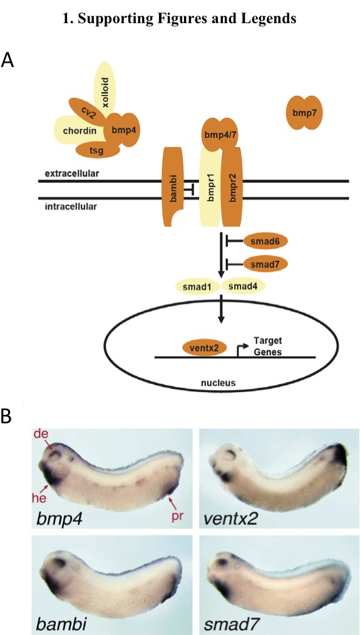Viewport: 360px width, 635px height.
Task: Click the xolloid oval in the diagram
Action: [x=105, y=90]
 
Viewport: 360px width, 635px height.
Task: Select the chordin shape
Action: [x=78, y=130]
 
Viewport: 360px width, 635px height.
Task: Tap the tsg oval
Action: [x=98, y=150]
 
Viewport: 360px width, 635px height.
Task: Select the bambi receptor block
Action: [x=173, y=187]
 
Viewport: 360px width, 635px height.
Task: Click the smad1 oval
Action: [x=197, y=287]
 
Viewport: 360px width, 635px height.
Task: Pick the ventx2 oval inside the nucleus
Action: [x=205, y=348]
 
